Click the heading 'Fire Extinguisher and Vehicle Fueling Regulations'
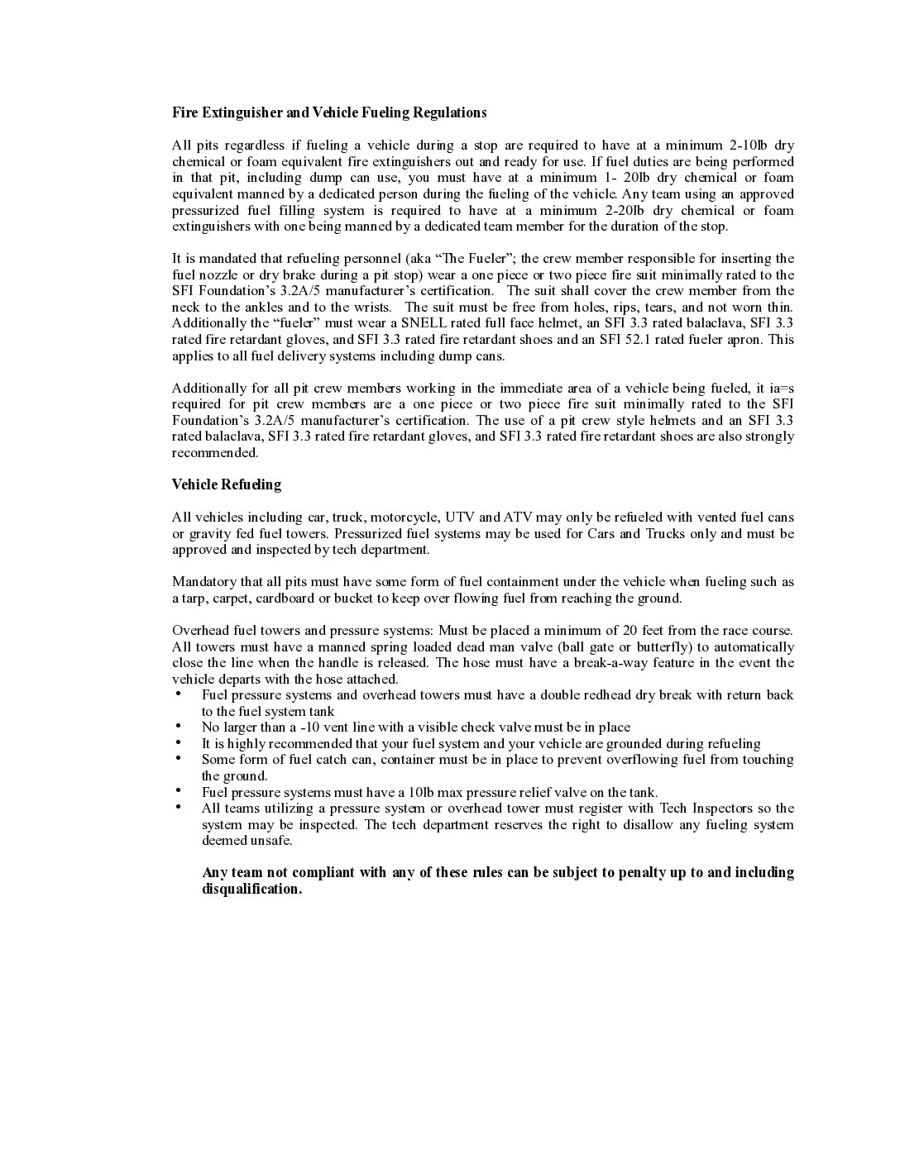tap(329, 112)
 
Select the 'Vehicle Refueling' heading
tap(226, 484)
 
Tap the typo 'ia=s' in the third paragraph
tap(781, 388)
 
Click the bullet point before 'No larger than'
tap(179, 726)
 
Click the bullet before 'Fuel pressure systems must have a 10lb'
tap(179, 790)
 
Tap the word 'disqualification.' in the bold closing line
tap(251, 890)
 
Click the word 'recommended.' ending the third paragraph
tap(215, 453)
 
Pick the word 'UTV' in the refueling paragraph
tap(460, 518)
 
